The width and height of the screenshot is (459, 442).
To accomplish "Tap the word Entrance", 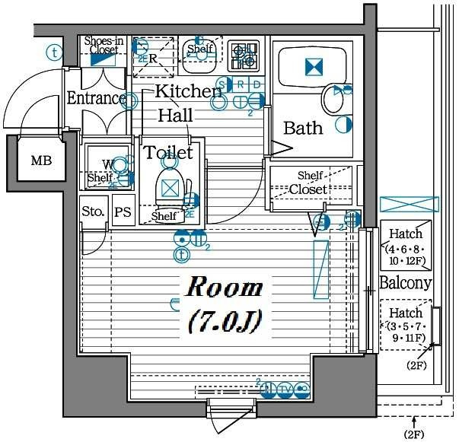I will (96, 99).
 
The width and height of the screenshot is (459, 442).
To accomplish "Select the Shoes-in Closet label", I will (104, 46).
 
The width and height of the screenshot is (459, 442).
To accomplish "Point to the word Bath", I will (303, 128).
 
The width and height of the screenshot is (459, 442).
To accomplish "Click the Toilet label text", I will (168, 153).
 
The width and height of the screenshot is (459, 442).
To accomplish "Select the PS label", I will (123, 212).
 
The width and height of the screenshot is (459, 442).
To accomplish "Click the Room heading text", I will (225, 289).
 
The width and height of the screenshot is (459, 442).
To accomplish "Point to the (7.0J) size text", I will (225, 322).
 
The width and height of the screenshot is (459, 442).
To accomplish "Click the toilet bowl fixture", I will (169, 185).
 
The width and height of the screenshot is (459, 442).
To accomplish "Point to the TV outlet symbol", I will (285, 391).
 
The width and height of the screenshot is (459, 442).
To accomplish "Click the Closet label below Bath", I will (308, 189).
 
